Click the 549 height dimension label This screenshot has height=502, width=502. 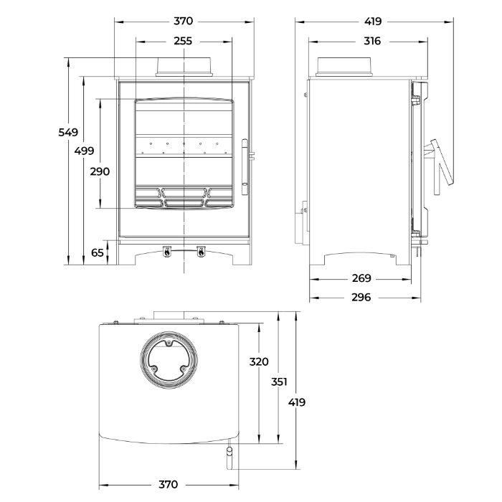[x=68, y=132]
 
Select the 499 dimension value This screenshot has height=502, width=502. [x=84, y=151]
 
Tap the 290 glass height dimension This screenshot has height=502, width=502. [x=100, y=171]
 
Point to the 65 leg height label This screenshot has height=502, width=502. [x=98, y=252]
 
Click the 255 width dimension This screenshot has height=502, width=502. [x=183, y=41]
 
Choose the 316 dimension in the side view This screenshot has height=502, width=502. [x=372, y=41]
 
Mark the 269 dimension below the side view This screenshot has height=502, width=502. [x=361, y=278]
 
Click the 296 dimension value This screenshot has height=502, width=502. [x=361, y=298]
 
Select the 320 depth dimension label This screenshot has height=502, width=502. [x=259, y=361]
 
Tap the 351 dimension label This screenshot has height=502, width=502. [x=279, y=382]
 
